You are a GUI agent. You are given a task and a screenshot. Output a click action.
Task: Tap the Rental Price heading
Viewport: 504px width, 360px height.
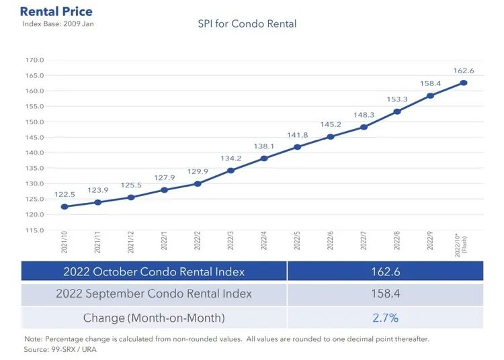(x=56, y=11)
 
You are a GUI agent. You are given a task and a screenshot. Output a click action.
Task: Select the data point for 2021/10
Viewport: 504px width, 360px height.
(x=64, y=207)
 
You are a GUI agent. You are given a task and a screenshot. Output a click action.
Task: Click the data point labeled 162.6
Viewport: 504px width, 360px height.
(x=463, y=83)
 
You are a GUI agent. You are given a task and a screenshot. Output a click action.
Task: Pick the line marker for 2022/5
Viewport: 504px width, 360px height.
(x=297, y=147)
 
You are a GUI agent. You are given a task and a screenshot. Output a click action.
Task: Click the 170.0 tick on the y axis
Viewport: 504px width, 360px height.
(x=35, y=60)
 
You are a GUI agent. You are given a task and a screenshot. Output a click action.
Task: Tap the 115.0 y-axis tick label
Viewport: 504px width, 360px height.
(x=35, y=230)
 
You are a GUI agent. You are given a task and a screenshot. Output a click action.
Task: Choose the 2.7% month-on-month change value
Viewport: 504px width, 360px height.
(x=385, y=317)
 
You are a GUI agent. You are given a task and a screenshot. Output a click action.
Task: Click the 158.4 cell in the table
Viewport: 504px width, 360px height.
(x=385, y=294)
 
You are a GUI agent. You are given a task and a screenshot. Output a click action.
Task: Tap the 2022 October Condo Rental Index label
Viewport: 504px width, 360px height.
(x=154, y=271)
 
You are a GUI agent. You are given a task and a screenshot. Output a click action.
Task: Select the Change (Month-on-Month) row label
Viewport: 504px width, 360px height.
(x=154, y=317)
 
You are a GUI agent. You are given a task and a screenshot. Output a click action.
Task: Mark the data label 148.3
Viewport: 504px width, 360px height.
(x=364, y=115)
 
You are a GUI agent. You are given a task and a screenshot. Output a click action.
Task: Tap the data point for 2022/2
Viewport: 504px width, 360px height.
(x=198, y=183)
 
